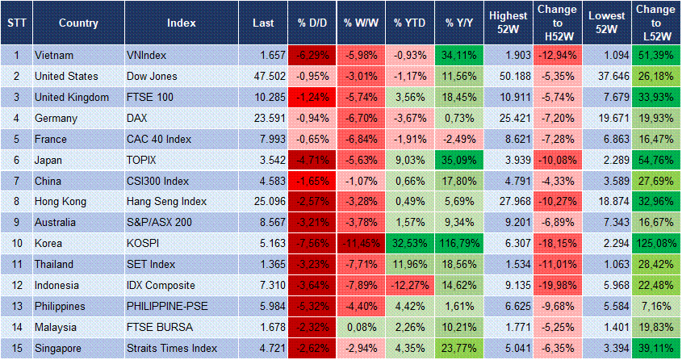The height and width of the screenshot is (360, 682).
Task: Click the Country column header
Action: click(x=78, y=23)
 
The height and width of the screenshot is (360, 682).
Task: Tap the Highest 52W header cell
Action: click(x=508, y=23)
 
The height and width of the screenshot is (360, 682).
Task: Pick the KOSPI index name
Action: click(x=144, y=244)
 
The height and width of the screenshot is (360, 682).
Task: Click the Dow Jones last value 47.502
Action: click(x=264, y=77)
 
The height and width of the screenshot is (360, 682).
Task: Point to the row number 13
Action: click(x=16, y=307)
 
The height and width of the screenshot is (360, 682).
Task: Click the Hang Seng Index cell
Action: click(x=166, y=202)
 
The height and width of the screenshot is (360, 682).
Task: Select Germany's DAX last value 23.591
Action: click(x=264, y=119)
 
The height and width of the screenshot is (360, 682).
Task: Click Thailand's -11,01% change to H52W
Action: click(x=557, y=265)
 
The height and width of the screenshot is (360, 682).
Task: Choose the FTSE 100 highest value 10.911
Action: click(x=508, y=98)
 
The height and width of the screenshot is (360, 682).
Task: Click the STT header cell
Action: click(x=16, y=23)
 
